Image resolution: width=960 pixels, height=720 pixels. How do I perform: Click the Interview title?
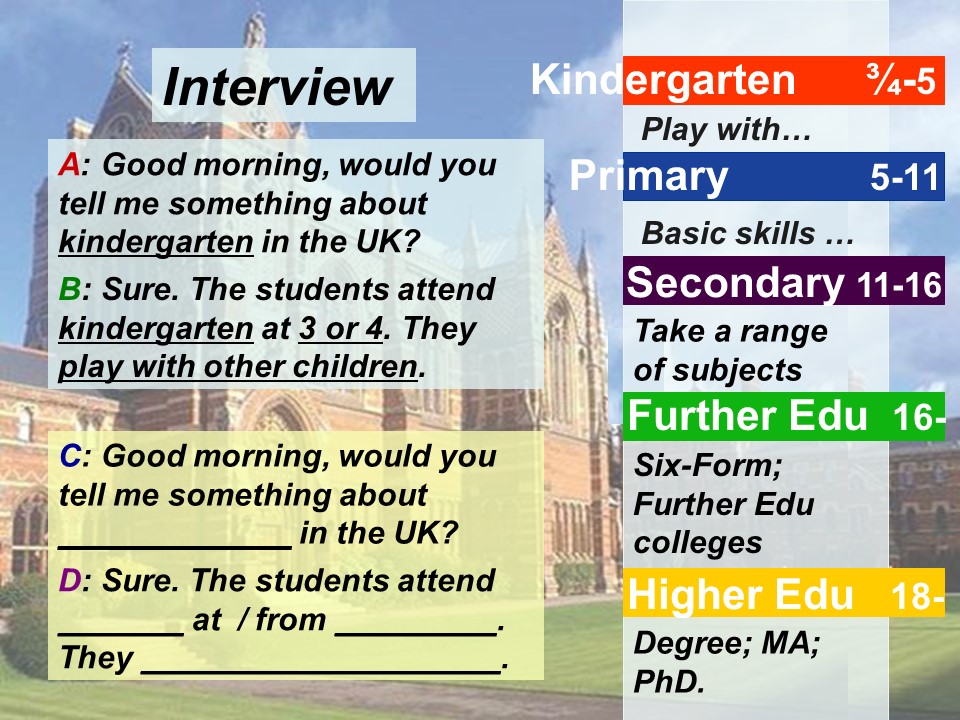pos(277,87)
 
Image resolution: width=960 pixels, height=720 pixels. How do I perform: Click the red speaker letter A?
pos(69,165)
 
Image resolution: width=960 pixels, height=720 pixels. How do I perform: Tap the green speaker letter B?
pos(70,289)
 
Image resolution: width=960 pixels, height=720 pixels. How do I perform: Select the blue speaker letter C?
pos(70,456)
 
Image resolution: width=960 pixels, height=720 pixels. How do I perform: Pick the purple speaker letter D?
pos(70,580)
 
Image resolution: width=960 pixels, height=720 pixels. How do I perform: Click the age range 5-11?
pos(905,178)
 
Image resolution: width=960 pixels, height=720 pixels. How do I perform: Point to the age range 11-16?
pos(899,285)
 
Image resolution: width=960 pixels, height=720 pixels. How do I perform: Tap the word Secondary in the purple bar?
pos(735,283)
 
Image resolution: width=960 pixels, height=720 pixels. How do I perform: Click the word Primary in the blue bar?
pos(649,176)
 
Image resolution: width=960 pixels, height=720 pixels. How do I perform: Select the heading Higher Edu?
pos(740,594)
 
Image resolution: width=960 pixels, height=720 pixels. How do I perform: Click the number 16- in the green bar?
pos(919,418)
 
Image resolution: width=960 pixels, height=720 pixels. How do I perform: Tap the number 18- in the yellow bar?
pos(918,595)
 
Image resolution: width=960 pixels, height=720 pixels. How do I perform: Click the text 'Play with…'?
pos(726,130)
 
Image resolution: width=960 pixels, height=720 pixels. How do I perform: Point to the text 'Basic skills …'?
pos(748,233)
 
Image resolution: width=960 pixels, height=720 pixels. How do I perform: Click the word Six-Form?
pos(708,466)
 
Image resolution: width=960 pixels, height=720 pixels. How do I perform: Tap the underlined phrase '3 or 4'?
pos(340,329)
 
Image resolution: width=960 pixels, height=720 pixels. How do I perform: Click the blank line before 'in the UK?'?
pos(175,547)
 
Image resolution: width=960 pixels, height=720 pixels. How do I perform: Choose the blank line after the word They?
pos(321,672)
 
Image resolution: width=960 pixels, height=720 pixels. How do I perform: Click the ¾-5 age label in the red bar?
pos(901,80)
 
